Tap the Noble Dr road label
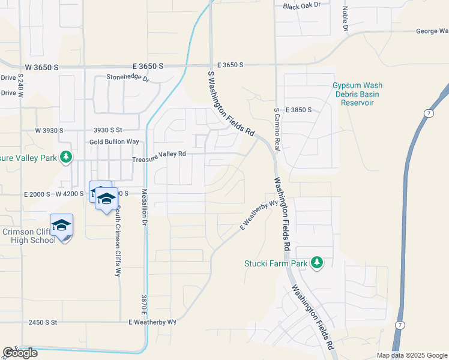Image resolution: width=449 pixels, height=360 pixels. click(x=346, y=19)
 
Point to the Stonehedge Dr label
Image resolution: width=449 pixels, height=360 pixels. click(x=127, y=77)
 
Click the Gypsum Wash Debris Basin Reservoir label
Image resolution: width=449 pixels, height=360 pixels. click(x=358, y=94)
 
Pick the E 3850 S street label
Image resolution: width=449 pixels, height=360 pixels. click(x=299, y=110)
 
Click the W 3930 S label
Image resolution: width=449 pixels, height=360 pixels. click(x=49, y=130)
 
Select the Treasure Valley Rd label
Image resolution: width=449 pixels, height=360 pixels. click(x=159, y=154)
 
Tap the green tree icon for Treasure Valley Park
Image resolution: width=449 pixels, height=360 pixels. click(x=66, y=157)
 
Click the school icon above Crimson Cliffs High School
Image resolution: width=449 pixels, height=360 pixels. click(x=62, y=226)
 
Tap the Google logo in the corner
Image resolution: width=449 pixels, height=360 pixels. click(x=20, y=353)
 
